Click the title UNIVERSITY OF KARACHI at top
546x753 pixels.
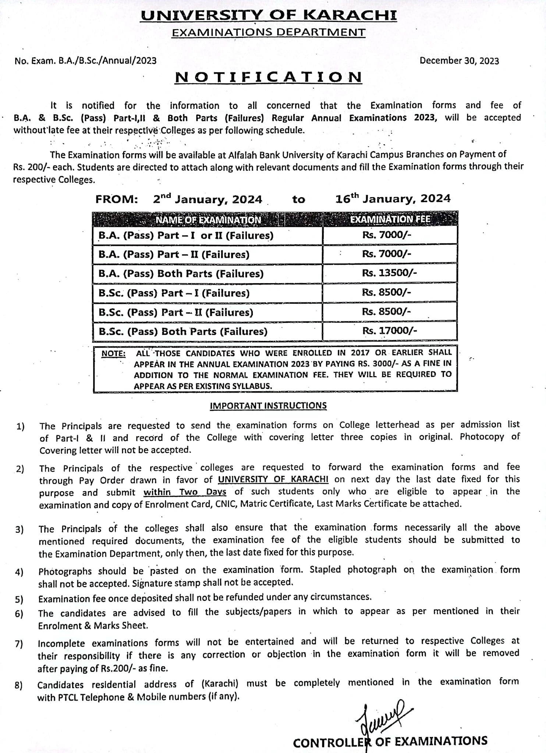[269, 15]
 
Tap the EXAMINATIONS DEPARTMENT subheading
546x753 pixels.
[269, 32]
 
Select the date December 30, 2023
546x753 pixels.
[459, 61]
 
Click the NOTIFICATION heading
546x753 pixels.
[269, 77]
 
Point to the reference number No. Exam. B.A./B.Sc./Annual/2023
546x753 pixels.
[86, 61]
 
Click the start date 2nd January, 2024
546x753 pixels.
[208, 199]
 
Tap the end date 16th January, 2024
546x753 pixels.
[393, 199]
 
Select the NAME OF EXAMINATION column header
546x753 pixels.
[208, 220]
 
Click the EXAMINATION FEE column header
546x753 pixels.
[390, 220]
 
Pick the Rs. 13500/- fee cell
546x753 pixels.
[390, 273]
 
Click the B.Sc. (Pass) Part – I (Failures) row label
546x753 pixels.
[174, 293]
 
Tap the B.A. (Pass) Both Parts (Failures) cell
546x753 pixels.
[181, 274]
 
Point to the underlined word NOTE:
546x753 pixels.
[113, 354]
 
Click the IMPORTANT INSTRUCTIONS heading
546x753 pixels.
[268, 406]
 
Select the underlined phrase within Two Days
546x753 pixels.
[185, 492]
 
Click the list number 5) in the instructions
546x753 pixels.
[19, 599]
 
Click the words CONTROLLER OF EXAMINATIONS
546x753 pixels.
[390, 741]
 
